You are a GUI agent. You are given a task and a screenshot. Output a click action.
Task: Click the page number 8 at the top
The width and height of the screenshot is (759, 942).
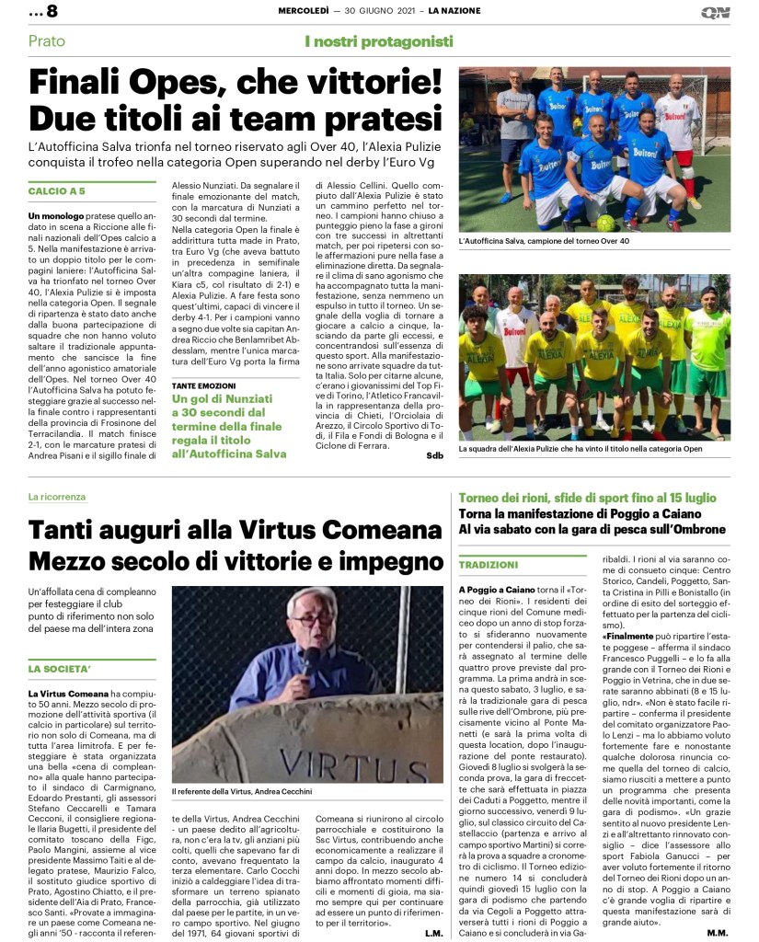[52, 12]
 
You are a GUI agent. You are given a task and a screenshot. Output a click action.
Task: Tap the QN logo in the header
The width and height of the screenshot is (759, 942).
[715, 12]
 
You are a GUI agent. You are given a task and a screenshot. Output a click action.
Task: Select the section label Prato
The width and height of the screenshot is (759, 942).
[47, 41]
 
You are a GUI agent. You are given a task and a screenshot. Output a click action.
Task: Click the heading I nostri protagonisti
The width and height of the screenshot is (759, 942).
[379, 41]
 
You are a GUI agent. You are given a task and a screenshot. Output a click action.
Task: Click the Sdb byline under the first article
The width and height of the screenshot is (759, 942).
[434, 455]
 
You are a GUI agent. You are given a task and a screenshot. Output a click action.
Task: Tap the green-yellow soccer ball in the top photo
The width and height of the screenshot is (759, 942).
[606, 223]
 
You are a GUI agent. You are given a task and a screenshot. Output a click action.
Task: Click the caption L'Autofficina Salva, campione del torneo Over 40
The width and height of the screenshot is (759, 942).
[544, 241]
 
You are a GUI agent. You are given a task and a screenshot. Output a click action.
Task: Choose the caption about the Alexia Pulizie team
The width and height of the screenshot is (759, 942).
[577, 448]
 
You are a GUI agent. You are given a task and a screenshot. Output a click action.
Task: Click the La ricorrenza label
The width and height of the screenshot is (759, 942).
[56, 497]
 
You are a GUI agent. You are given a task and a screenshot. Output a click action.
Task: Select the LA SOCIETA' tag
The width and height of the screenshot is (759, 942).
[60, 668]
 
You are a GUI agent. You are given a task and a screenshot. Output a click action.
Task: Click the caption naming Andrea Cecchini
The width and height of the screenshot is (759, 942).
[243, 790]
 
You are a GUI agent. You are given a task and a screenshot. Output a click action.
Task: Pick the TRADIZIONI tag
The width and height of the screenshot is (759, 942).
[489, 564]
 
